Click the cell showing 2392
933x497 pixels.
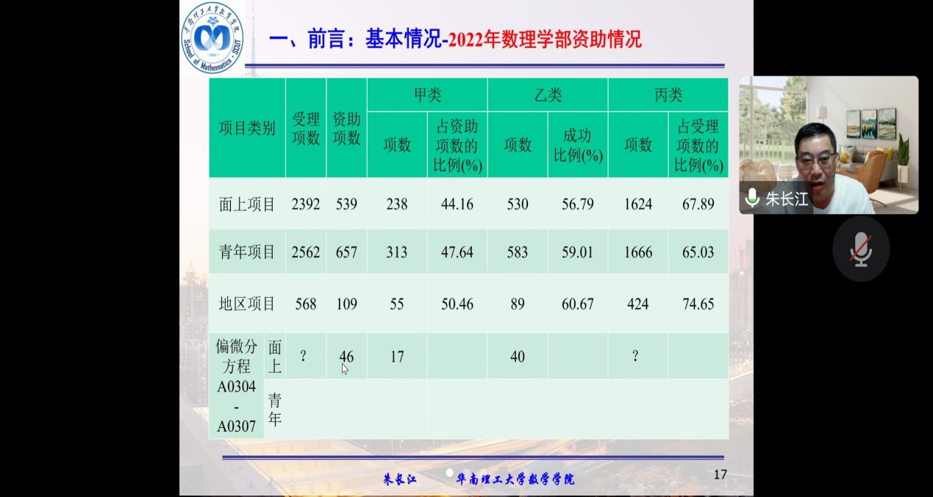pyautogui.click(x=306, y=204)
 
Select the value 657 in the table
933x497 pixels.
pyautogui.click(x=346, y=252)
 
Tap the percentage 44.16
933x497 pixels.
pyautogui.click(x=457, y=204)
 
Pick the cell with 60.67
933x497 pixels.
pyautogui.click(x=577, y=304)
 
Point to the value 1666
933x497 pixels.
pyautogui.click(x=637, y=252)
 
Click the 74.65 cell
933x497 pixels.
pyautogui.click(x=698, y=304)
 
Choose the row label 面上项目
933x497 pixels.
pyautogui.click(x=247, y=204)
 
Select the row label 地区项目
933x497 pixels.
pyautogui.click(x=247, y=304)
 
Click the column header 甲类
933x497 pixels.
pyautogui.click(x=427, y=95)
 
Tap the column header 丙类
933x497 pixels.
pyautogui.click(x=668, y=95)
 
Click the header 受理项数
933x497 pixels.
pyautogui.click(x=306, y=128)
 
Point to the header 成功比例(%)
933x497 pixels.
pyautogui.click(x=577, y=146)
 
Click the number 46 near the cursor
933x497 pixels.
pyautogui.click(x=346, y=357)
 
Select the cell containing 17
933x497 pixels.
pyautogui.click(x=397, y=357)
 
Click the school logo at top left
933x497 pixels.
pyautogui.click(x=212, y=37)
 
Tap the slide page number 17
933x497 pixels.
pyautogui.click(x=720, y=475)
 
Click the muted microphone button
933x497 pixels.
pyautogui.click(x=861, y=249)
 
